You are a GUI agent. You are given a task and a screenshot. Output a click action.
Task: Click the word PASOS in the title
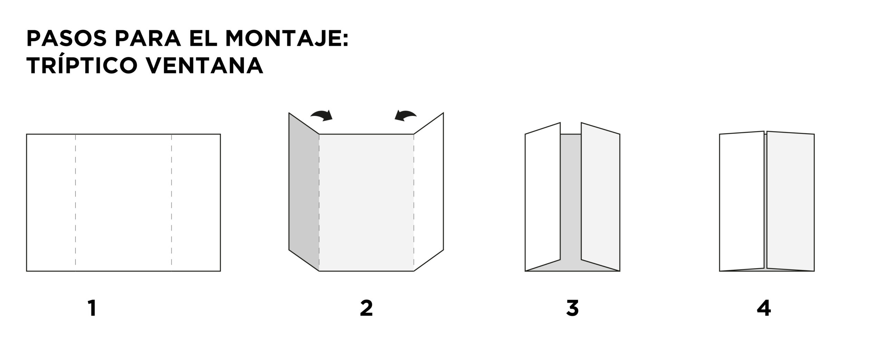coord(67,39)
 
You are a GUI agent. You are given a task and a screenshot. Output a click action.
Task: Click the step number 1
coord(92,308)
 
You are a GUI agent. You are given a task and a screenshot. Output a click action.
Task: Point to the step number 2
coord(366,308)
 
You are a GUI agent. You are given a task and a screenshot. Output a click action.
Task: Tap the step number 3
coord(572,308)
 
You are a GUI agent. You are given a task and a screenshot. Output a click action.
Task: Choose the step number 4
coord(763,308)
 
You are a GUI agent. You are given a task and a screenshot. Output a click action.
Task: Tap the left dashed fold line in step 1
coord(76,202)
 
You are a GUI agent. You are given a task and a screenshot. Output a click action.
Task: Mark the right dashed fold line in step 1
coord(172,202)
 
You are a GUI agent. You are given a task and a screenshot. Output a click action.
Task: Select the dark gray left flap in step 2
coord(304,192)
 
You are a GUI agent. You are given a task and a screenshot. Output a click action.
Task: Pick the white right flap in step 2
coord(429,192)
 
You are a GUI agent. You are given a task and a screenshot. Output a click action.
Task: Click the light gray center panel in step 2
coord(366,202)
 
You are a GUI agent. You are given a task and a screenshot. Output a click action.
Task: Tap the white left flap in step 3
coord(542,196)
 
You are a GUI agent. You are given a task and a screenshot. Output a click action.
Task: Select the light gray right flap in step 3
coord(600,196)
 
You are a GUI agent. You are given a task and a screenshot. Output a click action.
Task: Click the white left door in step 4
coord(742,201)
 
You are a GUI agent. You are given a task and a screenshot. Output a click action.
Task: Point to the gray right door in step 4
coord(790,201)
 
